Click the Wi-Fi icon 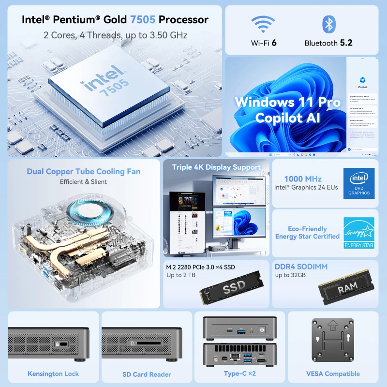264,25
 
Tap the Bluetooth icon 328,24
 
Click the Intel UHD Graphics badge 358,183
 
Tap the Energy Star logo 358,233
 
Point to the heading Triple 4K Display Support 216,167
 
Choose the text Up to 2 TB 181,275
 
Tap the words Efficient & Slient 83,182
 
